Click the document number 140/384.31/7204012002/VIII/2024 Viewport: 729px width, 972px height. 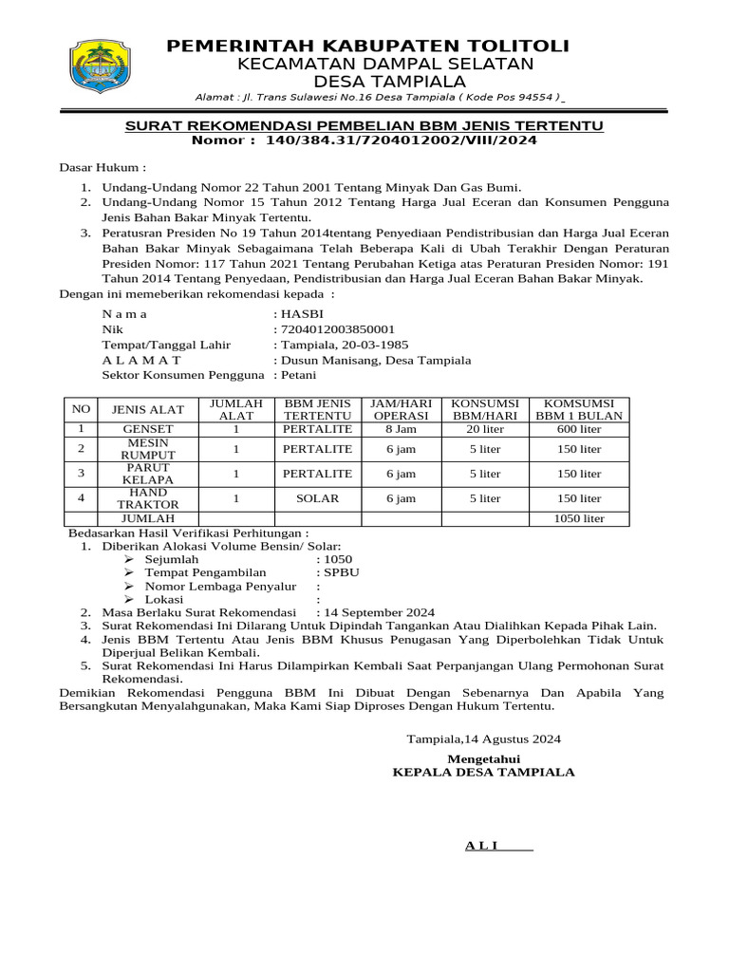[402, 140]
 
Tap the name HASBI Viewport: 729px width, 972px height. [301, 313]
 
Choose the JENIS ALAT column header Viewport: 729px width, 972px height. [147, 409]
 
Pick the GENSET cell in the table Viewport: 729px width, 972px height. [147, 429]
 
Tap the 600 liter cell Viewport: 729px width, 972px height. [579, 429]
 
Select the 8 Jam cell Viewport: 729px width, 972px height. [401, 429]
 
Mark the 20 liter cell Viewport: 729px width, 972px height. [485, 429]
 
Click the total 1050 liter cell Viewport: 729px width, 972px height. [579, 518]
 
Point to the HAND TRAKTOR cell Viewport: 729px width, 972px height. [147, 498]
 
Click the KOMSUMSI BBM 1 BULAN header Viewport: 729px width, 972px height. [579, 409]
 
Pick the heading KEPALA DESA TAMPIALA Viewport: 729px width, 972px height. [484, 772]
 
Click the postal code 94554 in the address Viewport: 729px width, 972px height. [536, 98]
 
